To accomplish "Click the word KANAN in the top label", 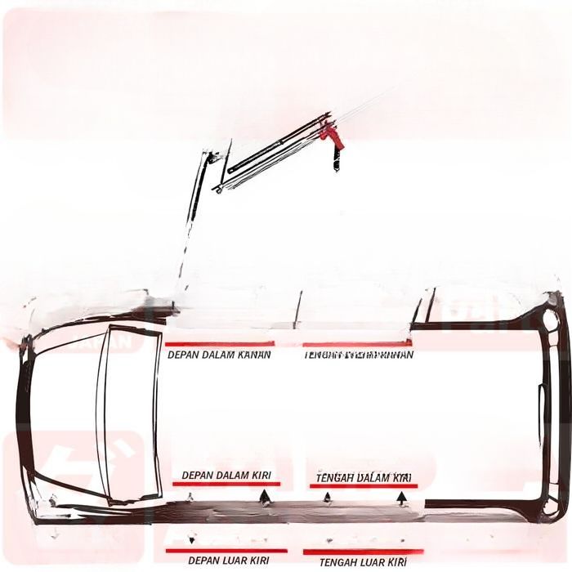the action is [x=253, y=355].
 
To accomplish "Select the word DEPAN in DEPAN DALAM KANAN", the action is [x=184, y=355].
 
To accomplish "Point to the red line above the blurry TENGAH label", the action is [x=356, y=345].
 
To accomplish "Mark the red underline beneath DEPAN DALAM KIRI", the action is [x=226, y=484].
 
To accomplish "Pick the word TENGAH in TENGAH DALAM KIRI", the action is [x=335, y=477].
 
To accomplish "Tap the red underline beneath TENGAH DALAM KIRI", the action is [x=363, y=485].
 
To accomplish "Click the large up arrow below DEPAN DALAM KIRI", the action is [x=264, y=498].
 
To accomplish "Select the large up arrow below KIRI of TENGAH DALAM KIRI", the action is [x=402, y=498].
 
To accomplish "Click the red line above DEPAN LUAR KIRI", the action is [x=226, y=550].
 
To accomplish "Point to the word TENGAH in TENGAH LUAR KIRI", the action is [x=337, y=562].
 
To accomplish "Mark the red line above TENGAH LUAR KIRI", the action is [x=363, y=552].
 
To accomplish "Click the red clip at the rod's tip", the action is [x=333, y=136].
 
